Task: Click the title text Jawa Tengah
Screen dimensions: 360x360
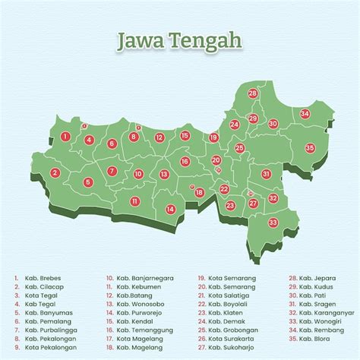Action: pyautogui.click(x=179, y=39)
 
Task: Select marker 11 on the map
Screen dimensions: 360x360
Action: pyautogui.click(x=134, y=201)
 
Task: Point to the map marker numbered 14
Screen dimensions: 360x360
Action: pyautogui.click(x=171, y=209)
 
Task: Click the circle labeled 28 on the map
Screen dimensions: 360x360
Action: pyautogui.click(x=253, y=93)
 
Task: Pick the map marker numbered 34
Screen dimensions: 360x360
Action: pyautogui.click(x=305, y=114)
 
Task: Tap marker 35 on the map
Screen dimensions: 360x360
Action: pyautogui.click(x=310, y=147)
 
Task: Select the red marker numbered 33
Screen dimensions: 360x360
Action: pyautogui.click(x=273, y=223)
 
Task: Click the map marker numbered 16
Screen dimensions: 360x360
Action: pyautogui.click(x=185, y=161)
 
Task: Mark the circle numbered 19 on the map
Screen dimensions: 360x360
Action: pyautogui.click(x=214, y=137)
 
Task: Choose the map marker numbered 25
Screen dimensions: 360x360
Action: pyautogui.click(x=239, y=148)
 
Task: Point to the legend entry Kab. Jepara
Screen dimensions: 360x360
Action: pyautogui.click(x=315, y=278)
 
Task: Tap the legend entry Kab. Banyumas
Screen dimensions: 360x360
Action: pyautogui.click(x=44, y=313)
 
